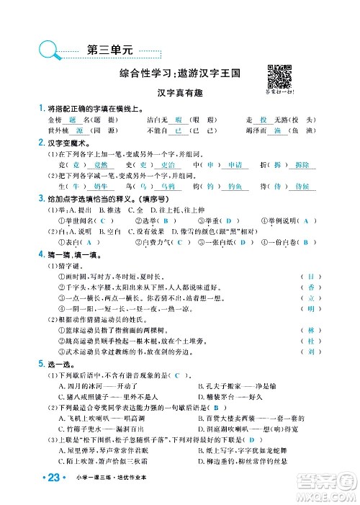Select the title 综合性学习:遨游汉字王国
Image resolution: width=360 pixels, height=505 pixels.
(180, 73)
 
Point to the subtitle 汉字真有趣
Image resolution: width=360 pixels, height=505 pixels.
(180, 93)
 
